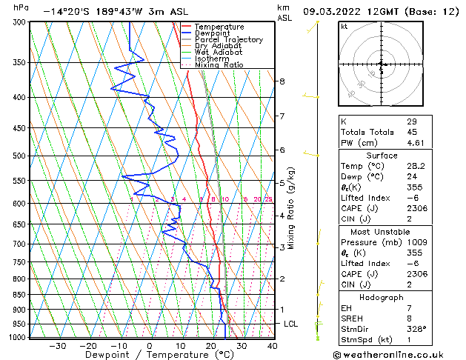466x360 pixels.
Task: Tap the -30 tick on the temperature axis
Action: (57, 345)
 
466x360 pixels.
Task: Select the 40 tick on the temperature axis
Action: (272, 345)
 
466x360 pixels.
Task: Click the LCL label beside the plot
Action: (291, 324)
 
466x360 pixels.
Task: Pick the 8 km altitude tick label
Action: (282, 81)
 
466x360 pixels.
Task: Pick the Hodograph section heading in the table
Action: (382, 296)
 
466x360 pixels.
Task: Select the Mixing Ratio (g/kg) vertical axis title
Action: (291, 208)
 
